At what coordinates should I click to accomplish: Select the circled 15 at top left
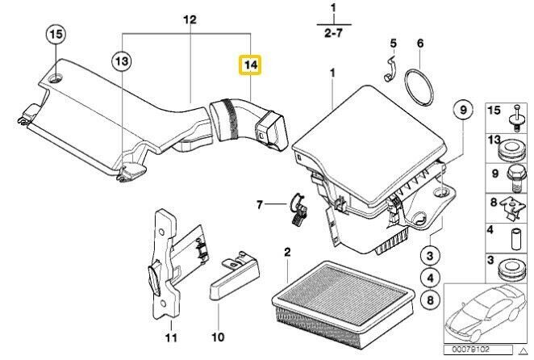(54, 35)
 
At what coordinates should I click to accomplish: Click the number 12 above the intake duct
(190, 19)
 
